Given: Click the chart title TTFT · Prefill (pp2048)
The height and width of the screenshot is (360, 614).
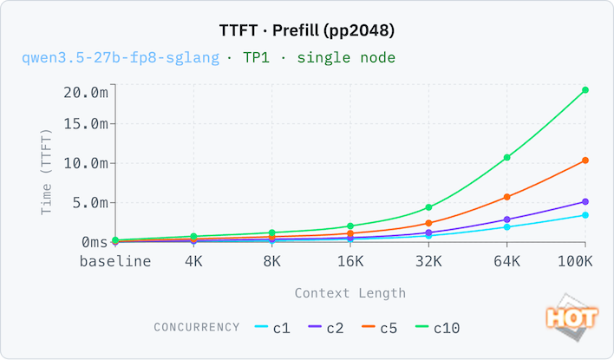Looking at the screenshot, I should [306, 29].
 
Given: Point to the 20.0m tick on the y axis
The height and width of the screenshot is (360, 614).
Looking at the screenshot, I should [84, 92].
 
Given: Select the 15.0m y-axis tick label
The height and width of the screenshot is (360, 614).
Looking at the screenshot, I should [84, 123].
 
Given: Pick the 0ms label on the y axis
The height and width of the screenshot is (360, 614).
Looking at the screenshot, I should [91, 241].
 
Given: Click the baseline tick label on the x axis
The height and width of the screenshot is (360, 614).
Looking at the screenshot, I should [115, 260].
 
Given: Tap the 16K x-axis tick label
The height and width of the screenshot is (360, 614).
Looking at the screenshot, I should [349, 260].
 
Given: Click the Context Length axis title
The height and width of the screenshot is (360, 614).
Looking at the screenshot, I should [349, 293].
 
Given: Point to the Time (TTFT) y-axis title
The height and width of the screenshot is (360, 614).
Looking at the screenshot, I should [48, 172].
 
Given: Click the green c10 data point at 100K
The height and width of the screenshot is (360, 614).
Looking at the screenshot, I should [585, 90].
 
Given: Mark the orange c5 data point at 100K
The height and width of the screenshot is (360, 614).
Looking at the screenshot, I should [585, 160].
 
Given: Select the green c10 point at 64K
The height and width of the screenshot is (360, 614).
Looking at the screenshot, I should [506, 158].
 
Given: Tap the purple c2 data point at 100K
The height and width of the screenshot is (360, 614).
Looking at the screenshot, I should [585, 202].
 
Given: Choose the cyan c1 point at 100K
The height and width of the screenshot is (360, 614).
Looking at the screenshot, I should [585, 215].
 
